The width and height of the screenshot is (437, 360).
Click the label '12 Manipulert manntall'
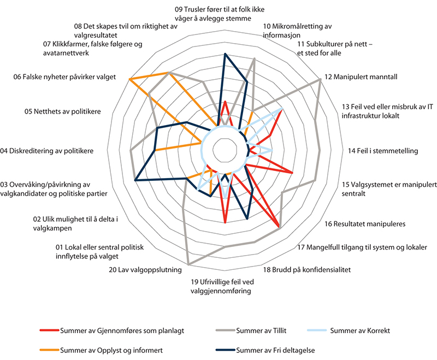point(361,77)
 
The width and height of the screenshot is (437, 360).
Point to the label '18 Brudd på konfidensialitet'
point(306,269)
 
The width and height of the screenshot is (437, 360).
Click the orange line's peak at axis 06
point(129,80)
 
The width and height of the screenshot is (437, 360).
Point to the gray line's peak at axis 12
point(320,80)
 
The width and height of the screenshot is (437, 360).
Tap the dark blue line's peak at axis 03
point(134,178)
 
